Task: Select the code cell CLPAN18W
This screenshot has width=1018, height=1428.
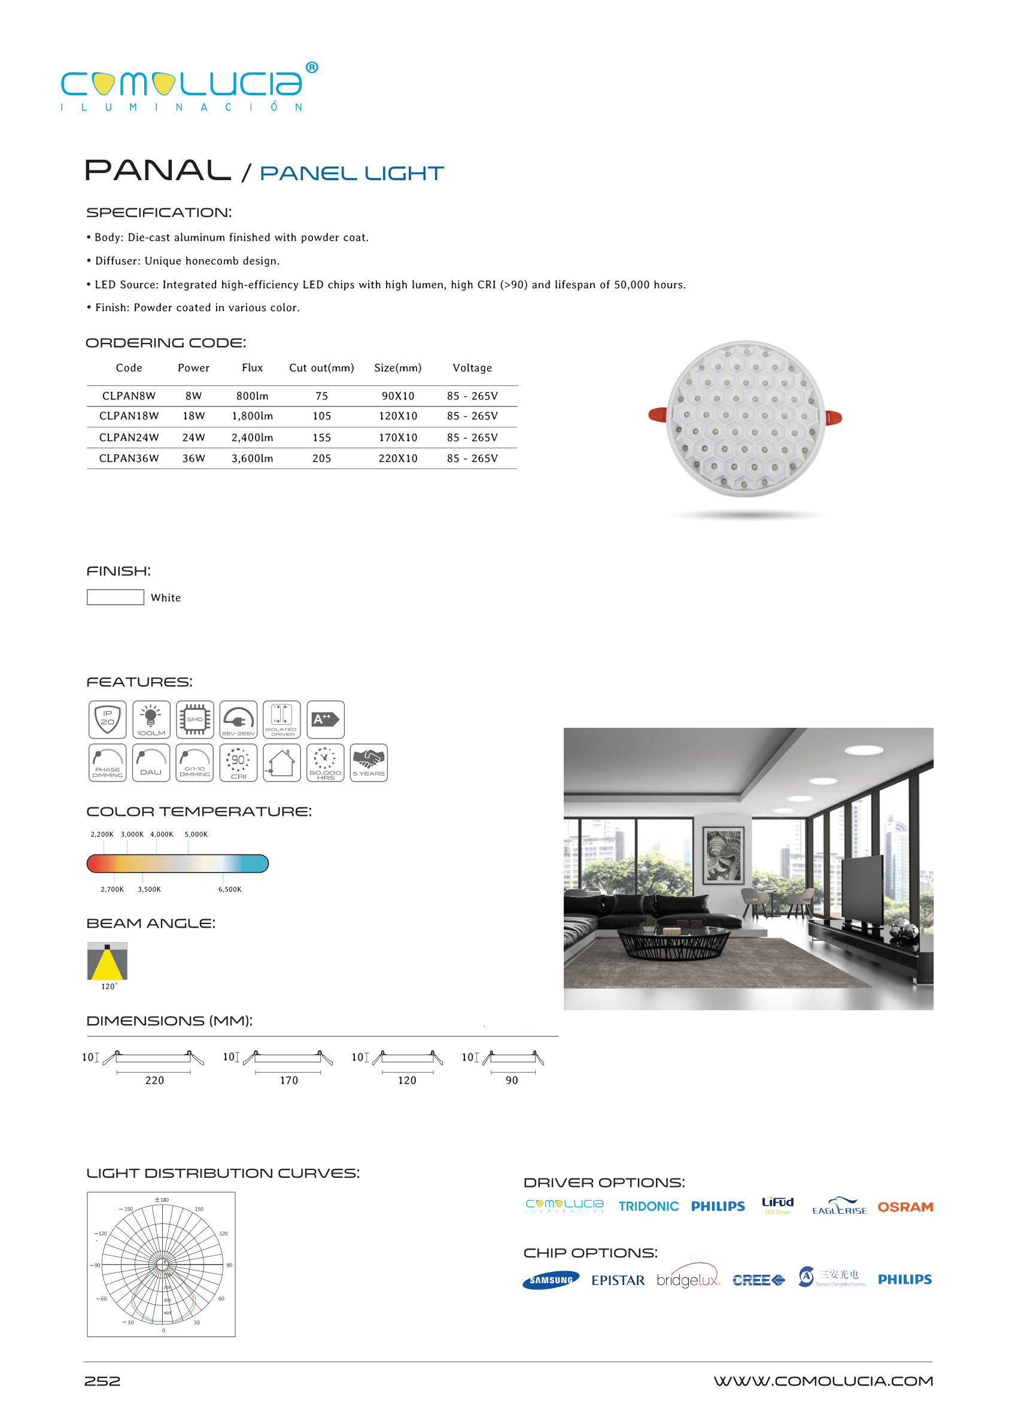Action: click(129, 416)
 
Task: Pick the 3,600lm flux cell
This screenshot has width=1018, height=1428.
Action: click(252, 459)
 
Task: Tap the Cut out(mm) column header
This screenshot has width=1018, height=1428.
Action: click(321, 368)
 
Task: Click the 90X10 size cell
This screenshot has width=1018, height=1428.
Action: click(397, 396)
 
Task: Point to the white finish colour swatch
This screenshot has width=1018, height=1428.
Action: click(116, 597)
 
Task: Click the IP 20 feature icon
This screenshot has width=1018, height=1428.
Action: click(107, 719)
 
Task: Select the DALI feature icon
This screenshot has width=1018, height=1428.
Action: click(151, 762)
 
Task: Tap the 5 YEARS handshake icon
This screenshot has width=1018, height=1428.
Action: click(369, 762)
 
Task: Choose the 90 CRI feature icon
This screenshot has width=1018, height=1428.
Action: click(238, 762)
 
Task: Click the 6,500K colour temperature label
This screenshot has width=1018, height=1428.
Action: click(229, 889)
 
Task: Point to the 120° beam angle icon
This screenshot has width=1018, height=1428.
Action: click(107, 961)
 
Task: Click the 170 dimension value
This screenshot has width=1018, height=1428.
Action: click(289, 1081)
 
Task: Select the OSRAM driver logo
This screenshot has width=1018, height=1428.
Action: click(904, 1207)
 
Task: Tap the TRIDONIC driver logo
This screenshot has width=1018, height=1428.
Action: click(648, 1207)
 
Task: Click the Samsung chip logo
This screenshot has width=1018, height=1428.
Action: click(551, 1280)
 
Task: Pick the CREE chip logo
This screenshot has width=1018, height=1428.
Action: click(758, 1280)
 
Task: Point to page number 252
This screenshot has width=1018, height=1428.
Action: click(102, 1381)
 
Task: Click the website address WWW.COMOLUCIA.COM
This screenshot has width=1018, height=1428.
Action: click(822, 1381)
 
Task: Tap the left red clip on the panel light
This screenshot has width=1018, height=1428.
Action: click(658, 414)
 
